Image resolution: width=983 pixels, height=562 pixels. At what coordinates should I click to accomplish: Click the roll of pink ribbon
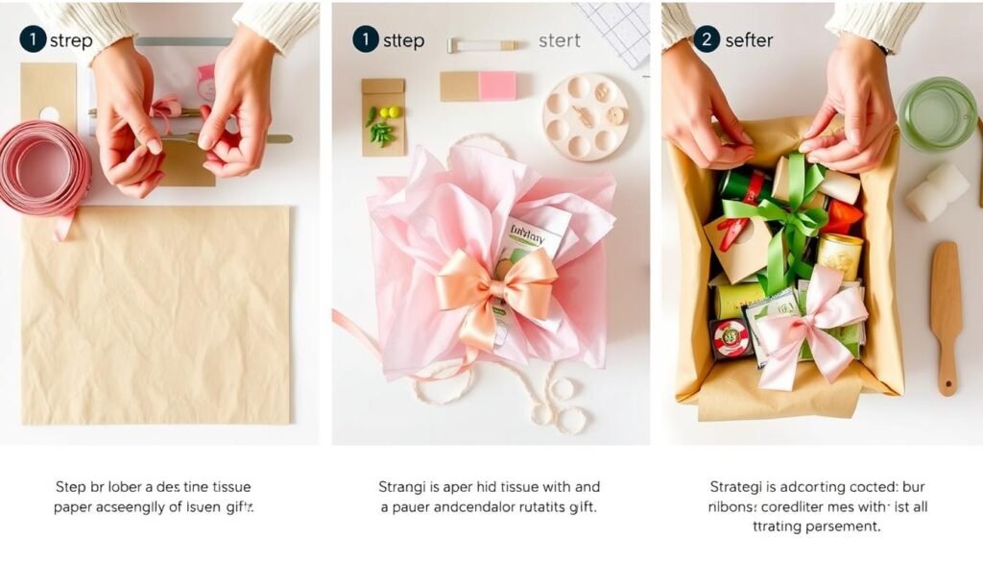43,169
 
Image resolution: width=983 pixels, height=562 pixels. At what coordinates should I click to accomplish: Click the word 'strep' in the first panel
72,41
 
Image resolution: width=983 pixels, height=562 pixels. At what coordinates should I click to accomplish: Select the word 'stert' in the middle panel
560,41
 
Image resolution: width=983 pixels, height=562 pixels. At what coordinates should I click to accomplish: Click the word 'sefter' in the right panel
749,41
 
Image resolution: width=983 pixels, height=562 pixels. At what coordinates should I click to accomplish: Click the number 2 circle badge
706,39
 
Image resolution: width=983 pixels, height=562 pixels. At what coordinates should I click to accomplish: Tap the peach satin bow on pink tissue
495,287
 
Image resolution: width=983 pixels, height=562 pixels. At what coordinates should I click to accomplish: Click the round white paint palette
586,116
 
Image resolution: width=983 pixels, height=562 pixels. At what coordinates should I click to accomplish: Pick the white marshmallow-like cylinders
937,192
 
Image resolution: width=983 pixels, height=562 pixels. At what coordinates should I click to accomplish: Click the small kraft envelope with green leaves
382,117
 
